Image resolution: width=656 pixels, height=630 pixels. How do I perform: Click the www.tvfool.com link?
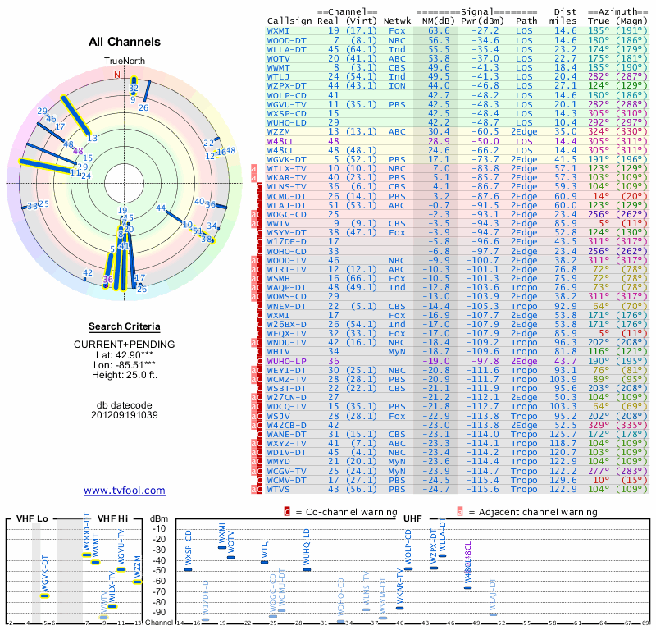124,491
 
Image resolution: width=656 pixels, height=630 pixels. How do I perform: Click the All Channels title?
124,42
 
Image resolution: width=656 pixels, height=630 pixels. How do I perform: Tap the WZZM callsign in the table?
283,131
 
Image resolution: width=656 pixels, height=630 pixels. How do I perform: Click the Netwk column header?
398,20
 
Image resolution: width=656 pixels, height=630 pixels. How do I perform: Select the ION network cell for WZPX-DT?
398,85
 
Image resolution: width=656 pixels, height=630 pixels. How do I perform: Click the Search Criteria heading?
124,326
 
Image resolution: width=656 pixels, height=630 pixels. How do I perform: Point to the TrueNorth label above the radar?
123,62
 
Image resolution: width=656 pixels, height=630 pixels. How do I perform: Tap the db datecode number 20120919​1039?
124,415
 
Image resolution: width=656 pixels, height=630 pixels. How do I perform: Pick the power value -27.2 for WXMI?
477,30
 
